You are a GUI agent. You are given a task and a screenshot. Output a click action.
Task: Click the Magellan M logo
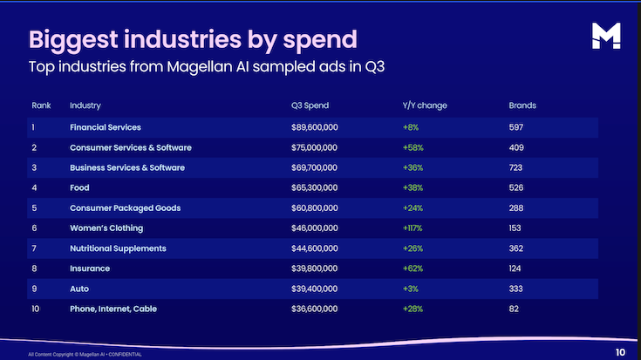[604, 36]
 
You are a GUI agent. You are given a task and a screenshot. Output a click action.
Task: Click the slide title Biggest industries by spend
[193, 39]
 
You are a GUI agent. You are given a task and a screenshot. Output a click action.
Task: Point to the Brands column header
[522, 105]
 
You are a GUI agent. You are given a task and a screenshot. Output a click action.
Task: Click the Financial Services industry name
[106, 127]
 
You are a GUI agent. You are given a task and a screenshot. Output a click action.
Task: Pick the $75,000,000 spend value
[315, 147]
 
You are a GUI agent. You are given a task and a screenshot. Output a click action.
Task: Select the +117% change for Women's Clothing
[413, 228]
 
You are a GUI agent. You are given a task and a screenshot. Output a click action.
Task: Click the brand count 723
[517, 167]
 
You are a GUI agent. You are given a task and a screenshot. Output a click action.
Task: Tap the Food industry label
[78, 187]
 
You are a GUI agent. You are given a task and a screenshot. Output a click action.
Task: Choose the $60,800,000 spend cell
[315, 208]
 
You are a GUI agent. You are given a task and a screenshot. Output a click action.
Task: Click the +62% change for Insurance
[412, 268]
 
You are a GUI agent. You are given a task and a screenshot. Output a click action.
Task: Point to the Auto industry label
[78, 289]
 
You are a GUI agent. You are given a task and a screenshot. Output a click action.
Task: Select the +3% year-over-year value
[409, 289]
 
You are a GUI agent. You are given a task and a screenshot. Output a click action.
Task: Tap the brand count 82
[515, 309]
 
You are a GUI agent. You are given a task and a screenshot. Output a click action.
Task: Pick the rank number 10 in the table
[37, 309]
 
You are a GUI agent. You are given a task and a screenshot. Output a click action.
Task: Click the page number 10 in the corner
[619, 352]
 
